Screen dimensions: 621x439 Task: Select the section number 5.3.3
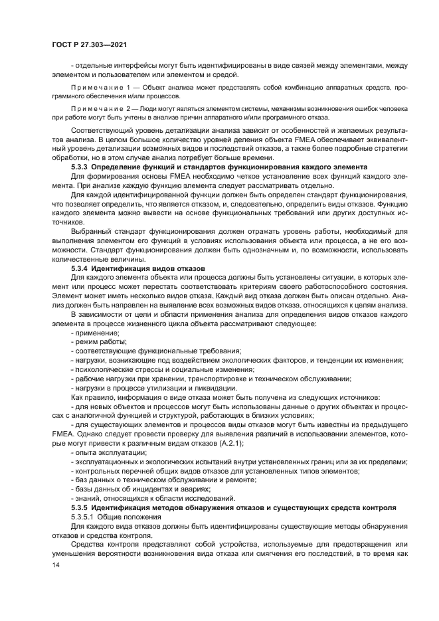tap(82, 166)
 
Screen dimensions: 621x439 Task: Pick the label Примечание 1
tap(99, 87)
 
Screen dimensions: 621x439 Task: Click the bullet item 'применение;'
tap(96, 332)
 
